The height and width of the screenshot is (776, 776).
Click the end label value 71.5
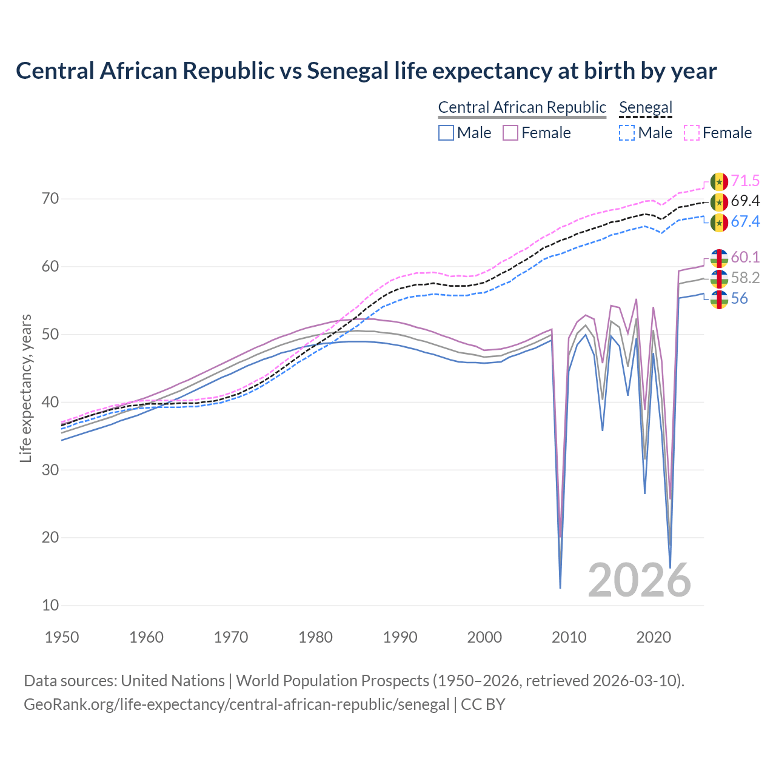[745, 181]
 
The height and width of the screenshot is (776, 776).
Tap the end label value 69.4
[745, 201]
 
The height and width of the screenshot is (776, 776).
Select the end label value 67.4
[745, 222]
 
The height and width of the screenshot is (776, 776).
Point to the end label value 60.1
[745, 257]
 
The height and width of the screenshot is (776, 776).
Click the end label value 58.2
[745, 278]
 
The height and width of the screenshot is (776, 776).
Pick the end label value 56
[739, 298]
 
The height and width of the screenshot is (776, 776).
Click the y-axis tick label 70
[51, 199]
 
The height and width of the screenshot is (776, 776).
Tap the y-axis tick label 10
[51, 605]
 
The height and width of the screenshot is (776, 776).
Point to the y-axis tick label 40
[51, 402]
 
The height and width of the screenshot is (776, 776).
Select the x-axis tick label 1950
[62, 637]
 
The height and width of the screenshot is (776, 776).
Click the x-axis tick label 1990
[400, 637]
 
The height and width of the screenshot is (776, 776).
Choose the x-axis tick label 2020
[654, 637]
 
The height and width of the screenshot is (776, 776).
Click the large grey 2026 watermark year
[639, 580]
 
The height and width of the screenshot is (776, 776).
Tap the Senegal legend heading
[646, 107]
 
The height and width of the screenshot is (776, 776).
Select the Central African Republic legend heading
[522, 107]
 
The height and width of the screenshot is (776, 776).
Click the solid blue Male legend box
[446, 133]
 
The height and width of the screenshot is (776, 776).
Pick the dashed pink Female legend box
[692, 133]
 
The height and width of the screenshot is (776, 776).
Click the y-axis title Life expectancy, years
[25, 388]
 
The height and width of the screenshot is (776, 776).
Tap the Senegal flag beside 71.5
[719, 181]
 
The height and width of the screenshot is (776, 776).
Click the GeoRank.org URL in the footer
[236, 704]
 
